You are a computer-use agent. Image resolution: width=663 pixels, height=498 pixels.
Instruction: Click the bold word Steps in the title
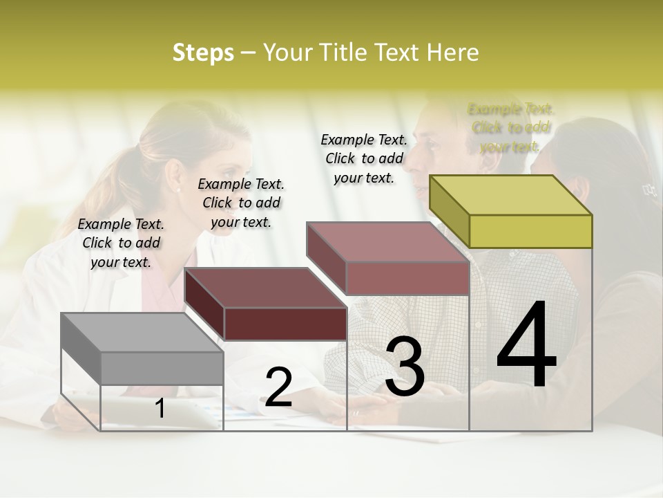click(203, 53)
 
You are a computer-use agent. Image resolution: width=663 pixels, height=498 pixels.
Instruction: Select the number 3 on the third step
click(404, 366)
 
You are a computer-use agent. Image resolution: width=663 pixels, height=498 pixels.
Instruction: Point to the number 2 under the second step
click(278, 387)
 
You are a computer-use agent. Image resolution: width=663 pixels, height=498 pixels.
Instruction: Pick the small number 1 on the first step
click(160, 408)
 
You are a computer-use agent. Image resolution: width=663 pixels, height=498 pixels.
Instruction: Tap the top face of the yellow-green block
click(511, 194)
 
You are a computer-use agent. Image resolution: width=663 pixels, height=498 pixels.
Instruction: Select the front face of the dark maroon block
click(285, 324)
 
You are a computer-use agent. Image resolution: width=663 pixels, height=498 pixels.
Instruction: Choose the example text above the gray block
click(121, 243)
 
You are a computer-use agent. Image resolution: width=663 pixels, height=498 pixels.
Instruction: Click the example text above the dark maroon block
click(241, 203)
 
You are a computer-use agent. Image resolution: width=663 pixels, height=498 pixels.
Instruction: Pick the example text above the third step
click(364, 158)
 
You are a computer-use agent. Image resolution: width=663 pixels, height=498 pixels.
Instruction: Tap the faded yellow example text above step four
click(510, 127)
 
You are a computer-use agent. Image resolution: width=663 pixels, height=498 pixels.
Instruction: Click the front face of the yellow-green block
click(530, 231)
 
